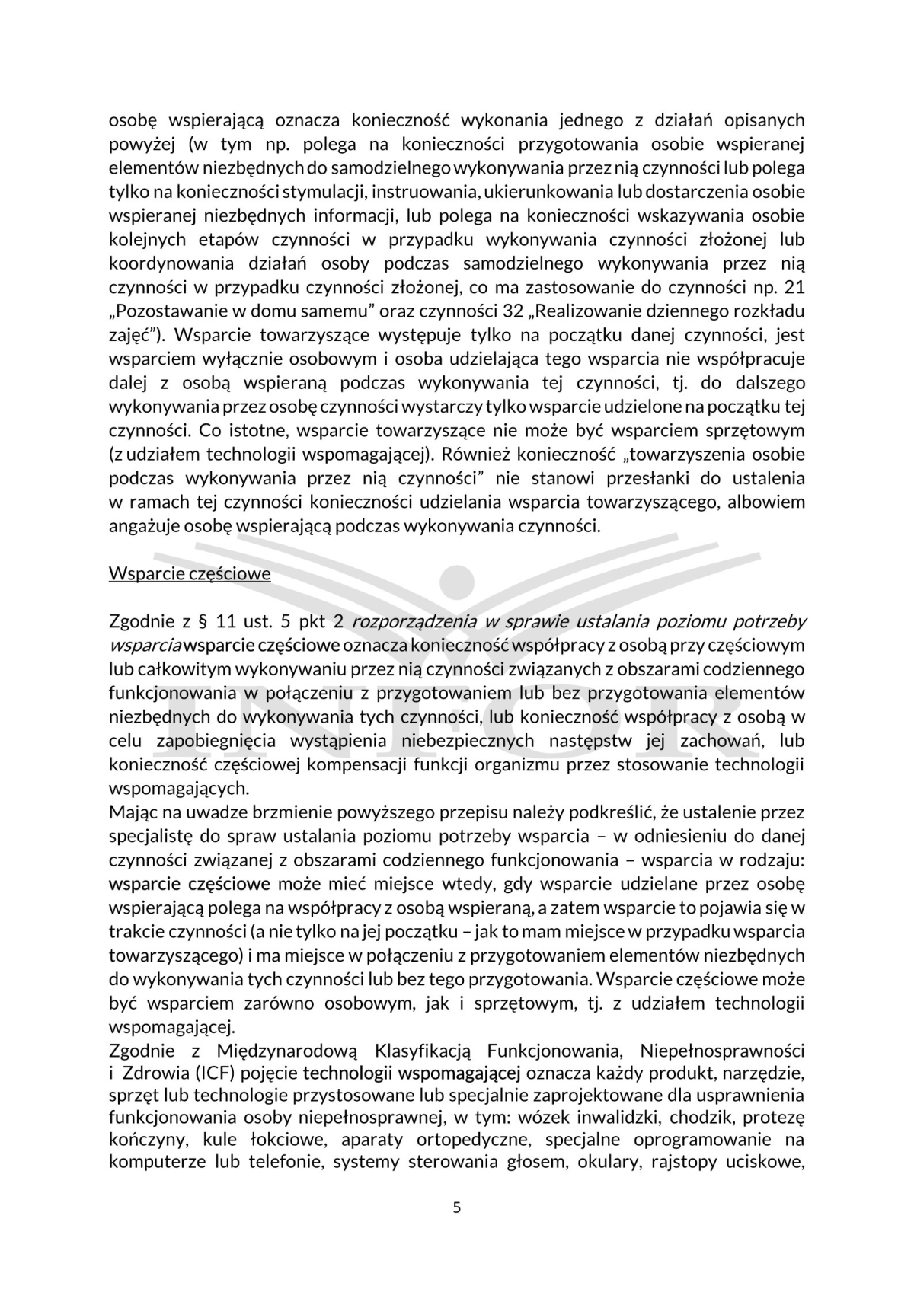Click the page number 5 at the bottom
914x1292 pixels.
(457, 1207)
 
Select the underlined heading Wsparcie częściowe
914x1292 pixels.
(190, 573)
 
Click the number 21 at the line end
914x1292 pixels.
(794, 287)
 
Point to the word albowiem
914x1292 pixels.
(770, 502)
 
